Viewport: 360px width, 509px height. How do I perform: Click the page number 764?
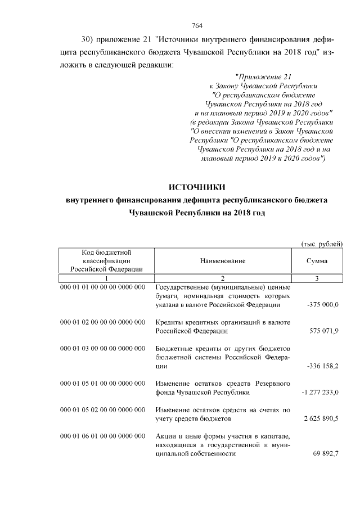point(197,25)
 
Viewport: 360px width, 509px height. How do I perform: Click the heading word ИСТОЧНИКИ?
point(197,187)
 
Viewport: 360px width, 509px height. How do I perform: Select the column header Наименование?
point(222,261)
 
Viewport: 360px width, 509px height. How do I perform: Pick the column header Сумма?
point(317,261)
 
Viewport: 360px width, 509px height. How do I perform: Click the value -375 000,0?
point(323,304)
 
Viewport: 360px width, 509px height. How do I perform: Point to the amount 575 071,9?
point(324,331)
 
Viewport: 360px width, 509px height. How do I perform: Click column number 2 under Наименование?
point(222,278)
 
